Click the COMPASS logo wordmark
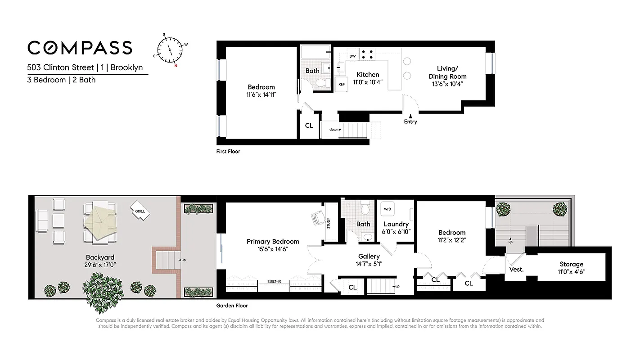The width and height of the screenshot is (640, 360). point(80,48)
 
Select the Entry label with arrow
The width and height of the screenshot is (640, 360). point(410,119)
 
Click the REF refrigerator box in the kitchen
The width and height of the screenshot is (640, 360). point(342,84)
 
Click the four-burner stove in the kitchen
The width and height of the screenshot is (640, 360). point(367,54)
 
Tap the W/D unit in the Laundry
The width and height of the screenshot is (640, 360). point(387,210)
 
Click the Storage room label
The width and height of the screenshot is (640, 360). point(571,264)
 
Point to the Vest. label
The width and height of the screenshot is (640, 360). point(516,269)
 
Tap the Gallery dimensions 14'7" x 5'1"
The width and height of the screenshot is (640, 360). point(369,264)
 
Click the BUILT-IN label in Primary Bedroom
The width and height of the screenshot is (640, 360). point(274,282)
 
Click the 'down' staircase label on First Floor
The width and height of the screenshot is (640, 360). point(334,129)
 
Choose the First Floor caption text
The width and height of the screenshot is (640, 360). point(228,152)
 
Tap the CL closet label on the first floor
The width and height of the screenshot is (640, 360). point(309,126)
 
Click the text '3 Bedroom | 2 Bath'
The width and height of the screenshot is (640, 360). point(61,80)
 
